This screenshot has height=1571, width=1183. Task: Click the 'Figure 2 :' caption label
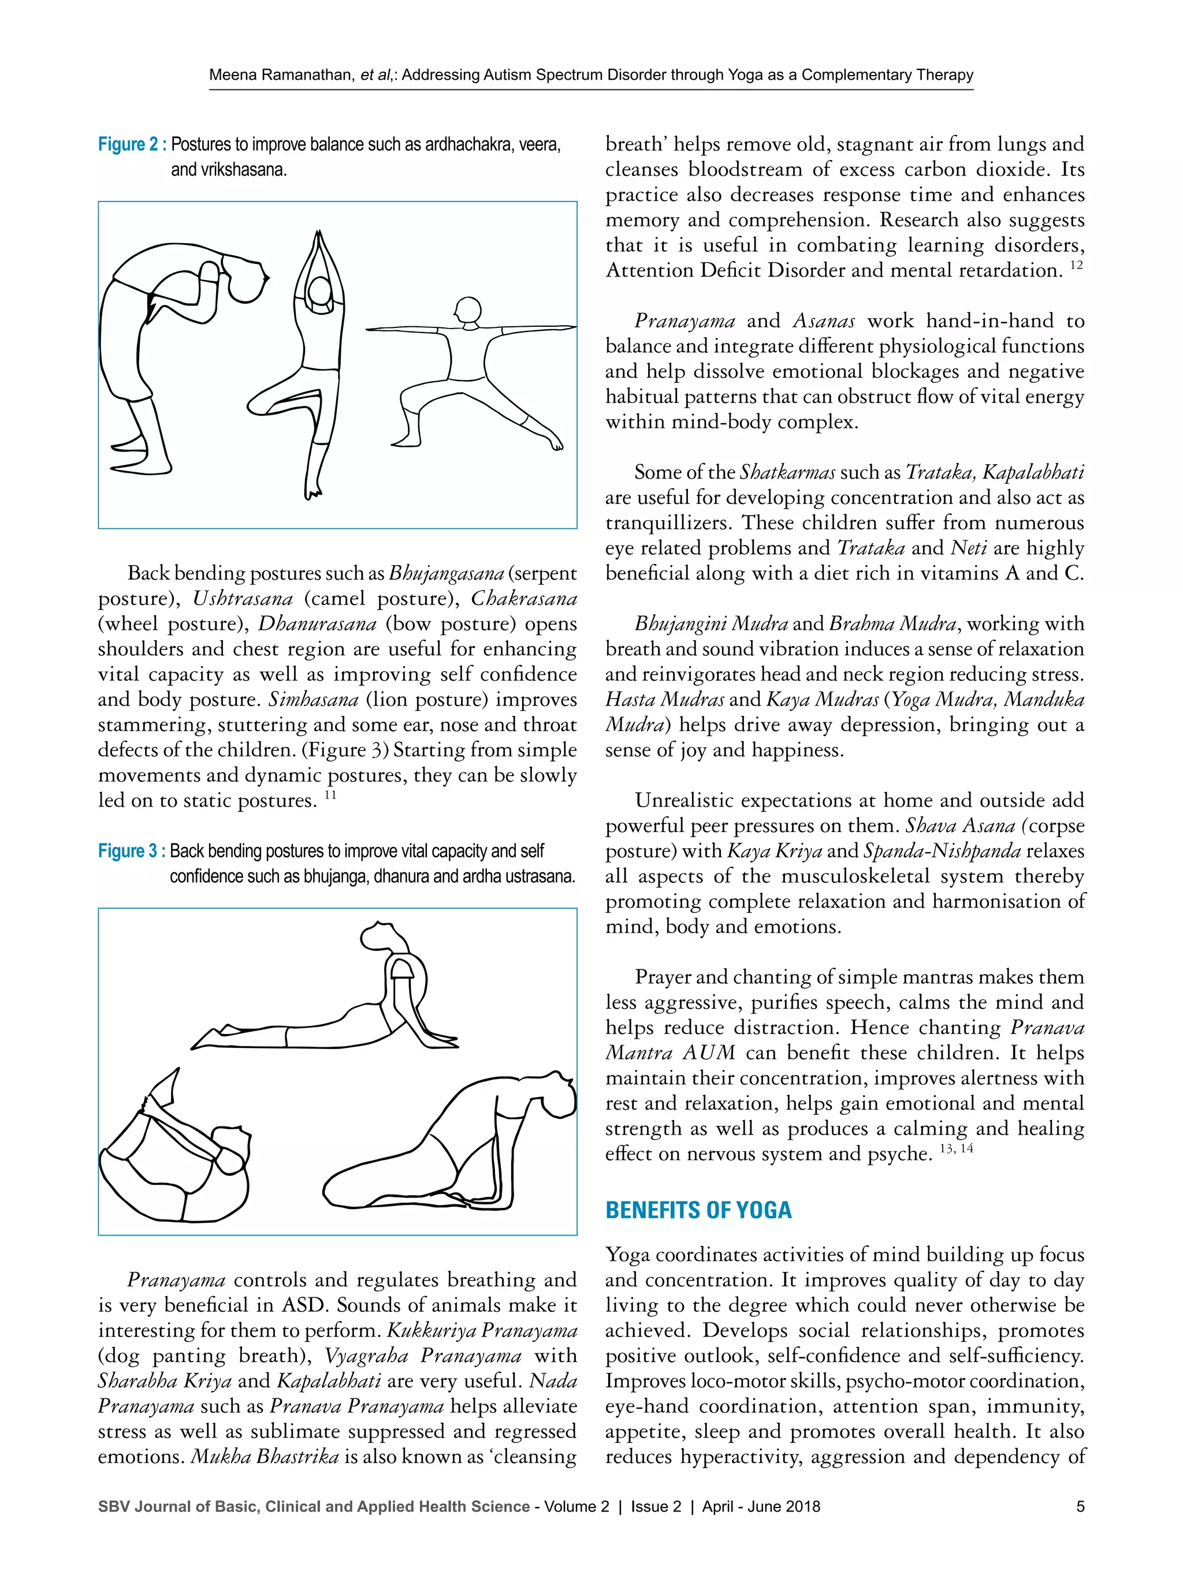coord(132,145)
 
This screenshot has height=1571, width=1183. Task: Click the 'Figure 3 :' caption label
coord(132,851)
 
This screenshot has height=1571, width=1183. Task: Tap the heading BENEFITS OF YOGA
coord(698,1210)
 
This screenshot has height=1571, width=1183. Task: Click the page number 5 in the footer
coord(1080,1507)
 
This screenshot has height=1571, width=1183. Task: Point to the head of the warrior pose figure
coord(468,311)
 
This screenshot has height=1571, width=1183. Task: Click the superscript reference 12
coord(1076,266)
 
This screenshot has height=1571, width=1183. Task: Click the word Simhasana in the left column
coord(313,700)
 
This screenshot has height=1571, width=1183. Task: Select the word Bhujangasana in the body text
coord(446,573)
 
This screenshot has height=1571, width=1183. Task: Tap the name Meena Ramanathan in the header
coord(282,75)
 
